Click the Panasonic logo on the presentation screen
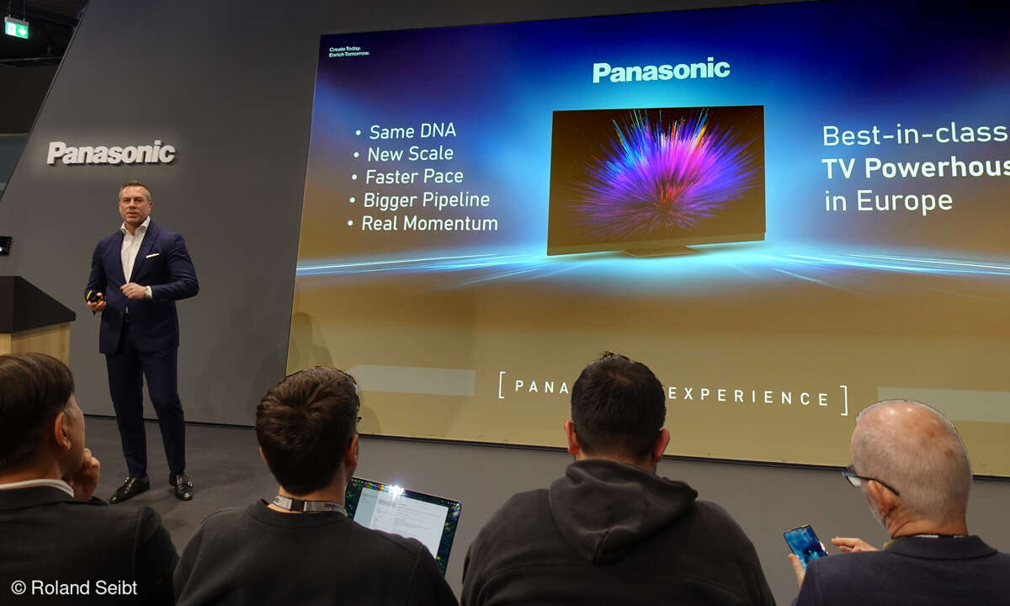coord(661,71)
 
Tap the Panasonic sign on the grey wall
coord(111,153)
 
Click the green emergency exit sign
coord(16,28)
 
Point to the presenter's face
coord(135,203)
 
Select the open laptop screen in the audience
coord(402,515)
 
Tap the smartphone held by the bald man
coord(805,545)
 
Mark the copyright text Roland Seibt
coord(73,587)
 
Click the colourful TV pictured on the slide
coord(656,178)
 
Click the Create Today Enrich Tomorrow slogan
coord(348,52)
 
